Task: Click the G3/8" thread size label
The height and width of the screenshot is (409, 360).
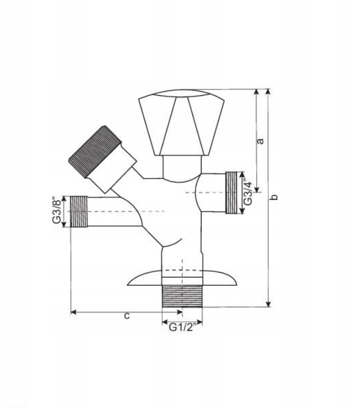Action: click(57, 211)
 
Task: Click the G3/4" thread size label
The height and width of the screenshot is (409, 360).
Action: click(248, 192)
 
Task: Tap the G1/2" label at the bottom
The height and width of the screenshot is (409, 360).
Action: click(183, 327)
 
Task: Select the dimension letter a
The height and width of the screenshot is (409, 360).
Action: click(260, 141)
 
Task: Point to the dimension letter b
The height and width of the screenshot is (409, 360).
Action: click(274, 197)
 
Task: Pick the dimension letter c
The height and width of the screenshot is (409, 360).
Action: click(126, 316)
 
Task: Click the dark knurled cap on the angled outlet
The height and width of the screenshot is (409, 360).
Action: click(95, 151)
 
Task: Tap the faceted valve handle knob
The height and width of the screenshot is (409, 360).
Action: click(181, 123)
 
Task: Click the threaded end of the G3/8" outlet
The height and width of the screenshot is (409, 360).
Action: click(79, 212)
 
